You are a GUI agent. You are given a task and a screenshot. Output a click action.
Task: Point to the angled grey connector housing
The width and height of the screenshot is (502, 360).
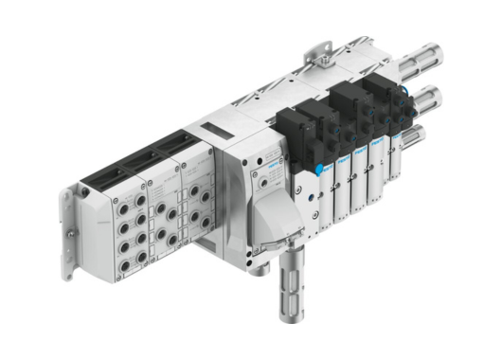click(284, 214)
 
